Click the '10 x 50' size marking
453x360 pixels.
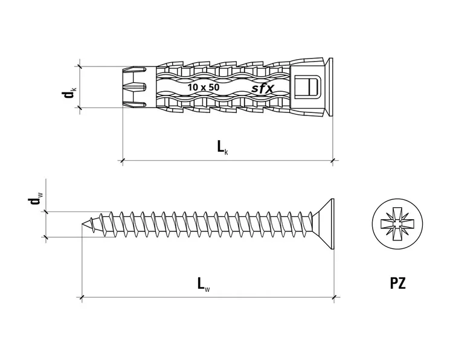pyautogui.click(x=204, y=87)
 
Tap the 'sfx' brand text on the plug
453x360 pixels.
pyautogui.click(x=262, y=88)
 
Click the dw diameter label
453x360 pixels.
pyautogui.click(x=36, y=198)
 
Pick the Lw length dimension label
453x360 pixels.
pyautogui.click(x=204, y=284)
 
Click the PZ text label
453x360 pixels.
pyautogui.click(x=398, y=283)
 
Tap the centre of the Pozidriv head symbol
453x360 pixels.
pyautogui.click(x=397, y=223)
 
